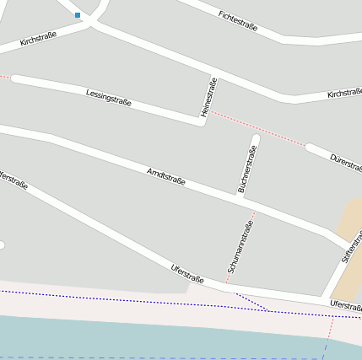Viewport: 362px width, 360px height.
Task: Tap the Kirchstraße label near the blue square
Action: [38, 38]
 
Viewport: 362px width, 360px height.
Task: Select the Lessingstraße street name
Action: [109, 97]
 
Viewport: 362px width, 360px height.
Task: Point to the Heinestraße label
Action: [209, 97]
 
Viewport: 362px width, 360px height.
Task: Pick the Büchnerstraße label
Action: [247, 169]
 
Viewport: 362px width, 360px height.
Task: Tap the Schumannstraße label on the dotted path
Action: [240, 246]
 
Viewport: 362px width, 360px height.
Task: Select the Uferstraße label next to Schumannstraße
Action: [187, 274]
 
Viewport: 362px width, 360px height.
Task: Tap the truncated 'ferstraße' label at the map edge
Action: [14, 180]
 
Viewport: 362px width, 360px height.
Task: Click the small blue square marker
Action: [78, 15]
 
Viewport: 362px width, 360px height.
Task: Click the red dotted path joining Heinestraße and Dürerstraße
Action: [257, 129]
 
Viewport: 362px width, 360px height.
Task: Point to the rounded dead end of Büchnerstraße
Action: [256, 137]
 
